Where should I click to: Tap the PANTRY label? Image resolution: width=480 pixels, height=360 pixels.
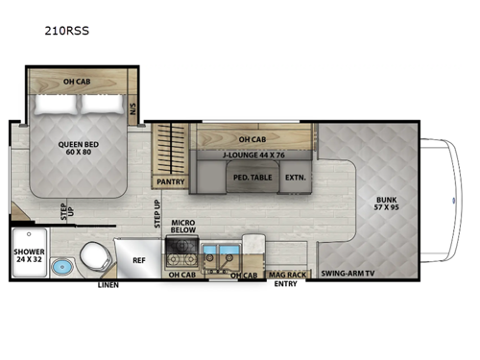(169, 180)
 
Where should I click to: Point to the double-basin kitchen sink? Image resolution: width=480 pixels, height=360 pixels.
(225, 255)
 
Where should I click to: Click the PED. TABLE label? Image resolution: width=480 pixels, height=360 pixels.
(249, 177)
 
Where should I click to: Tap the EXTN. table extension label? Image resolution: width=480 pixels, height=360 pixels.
(294, 177)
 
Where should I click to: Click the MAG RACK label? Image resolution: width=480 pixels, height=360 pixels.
(286, 274)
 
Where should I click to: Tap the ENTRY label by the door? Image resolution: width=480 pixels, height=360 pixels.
(286, 284)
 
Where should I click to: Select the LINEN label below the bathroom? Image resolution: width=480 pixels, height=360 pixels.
(108, 285)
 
